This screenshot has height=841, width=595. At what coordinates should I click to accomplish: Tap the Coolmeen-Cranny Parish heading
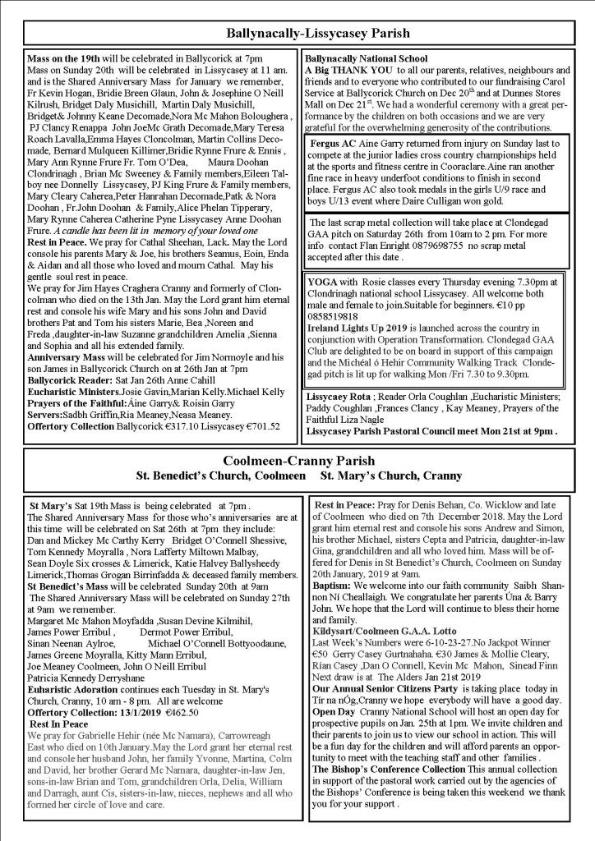click(x=297, y=461)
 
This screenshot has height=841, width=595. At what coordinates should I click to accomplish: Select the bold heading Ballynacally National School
click(x=366, y=59)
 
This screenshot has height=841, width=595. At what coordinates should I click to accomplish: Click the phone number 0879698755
click(x=421, y=245)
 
